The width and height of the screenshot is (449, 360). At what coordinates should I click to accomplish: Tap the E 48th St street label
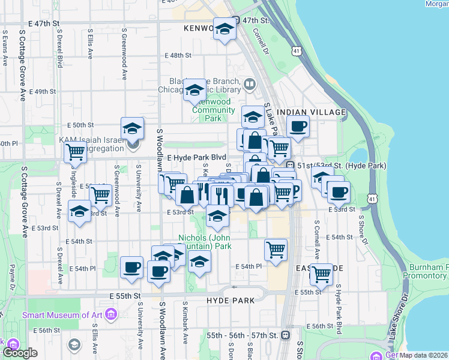tap(178, 55)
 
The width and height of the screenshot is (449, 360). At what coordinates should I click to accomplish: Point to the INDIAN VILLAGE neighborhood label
tap(316, 112)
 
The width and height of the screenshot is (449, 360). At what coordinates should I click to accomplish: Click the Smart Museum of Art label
tap(62, 314)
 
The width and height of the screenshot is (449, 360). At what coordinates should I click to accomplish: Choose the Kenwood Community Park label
tap(214, 110)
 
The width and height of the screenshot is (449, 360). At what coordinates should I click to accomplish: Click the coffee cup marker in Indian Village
tap(298, 126)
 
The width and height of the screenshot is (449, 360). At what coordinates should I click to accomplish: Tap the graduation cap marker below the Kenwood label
tap(224, 29)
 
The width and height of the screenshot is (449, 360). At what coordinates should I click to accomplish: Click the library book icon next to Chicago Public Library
tap(249, 83)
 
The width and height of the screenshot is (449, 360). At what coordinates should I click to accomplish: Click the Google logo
tap(20, 353)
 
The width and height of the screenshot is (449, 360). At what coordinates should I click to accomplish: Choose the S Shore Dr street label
tap(361, 227)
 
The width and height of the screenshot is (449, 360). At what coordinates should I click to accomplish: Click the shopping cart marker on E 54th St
tap(276, 249)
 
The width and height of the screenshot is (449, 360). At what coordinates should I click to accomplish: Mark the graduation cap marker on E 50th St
tap(132, 127)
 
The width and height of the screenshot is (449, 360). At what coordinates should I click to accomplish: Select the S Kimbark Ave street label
tap(185, 325)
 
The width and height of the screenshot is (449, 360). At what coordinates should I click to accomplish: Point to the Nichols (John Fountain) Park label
tap(205, 242)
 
